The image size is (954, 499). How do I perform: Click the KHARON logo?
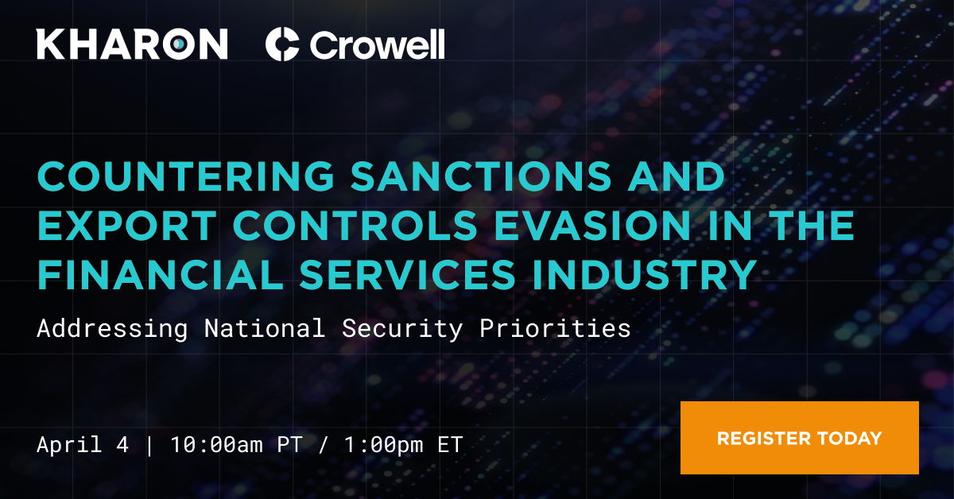132,44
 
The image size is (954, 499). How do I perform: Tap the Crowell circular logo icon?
282,44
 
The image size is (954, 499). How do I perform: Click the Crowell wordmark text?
377,44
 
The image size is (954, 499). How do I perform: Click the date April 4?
82,443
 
